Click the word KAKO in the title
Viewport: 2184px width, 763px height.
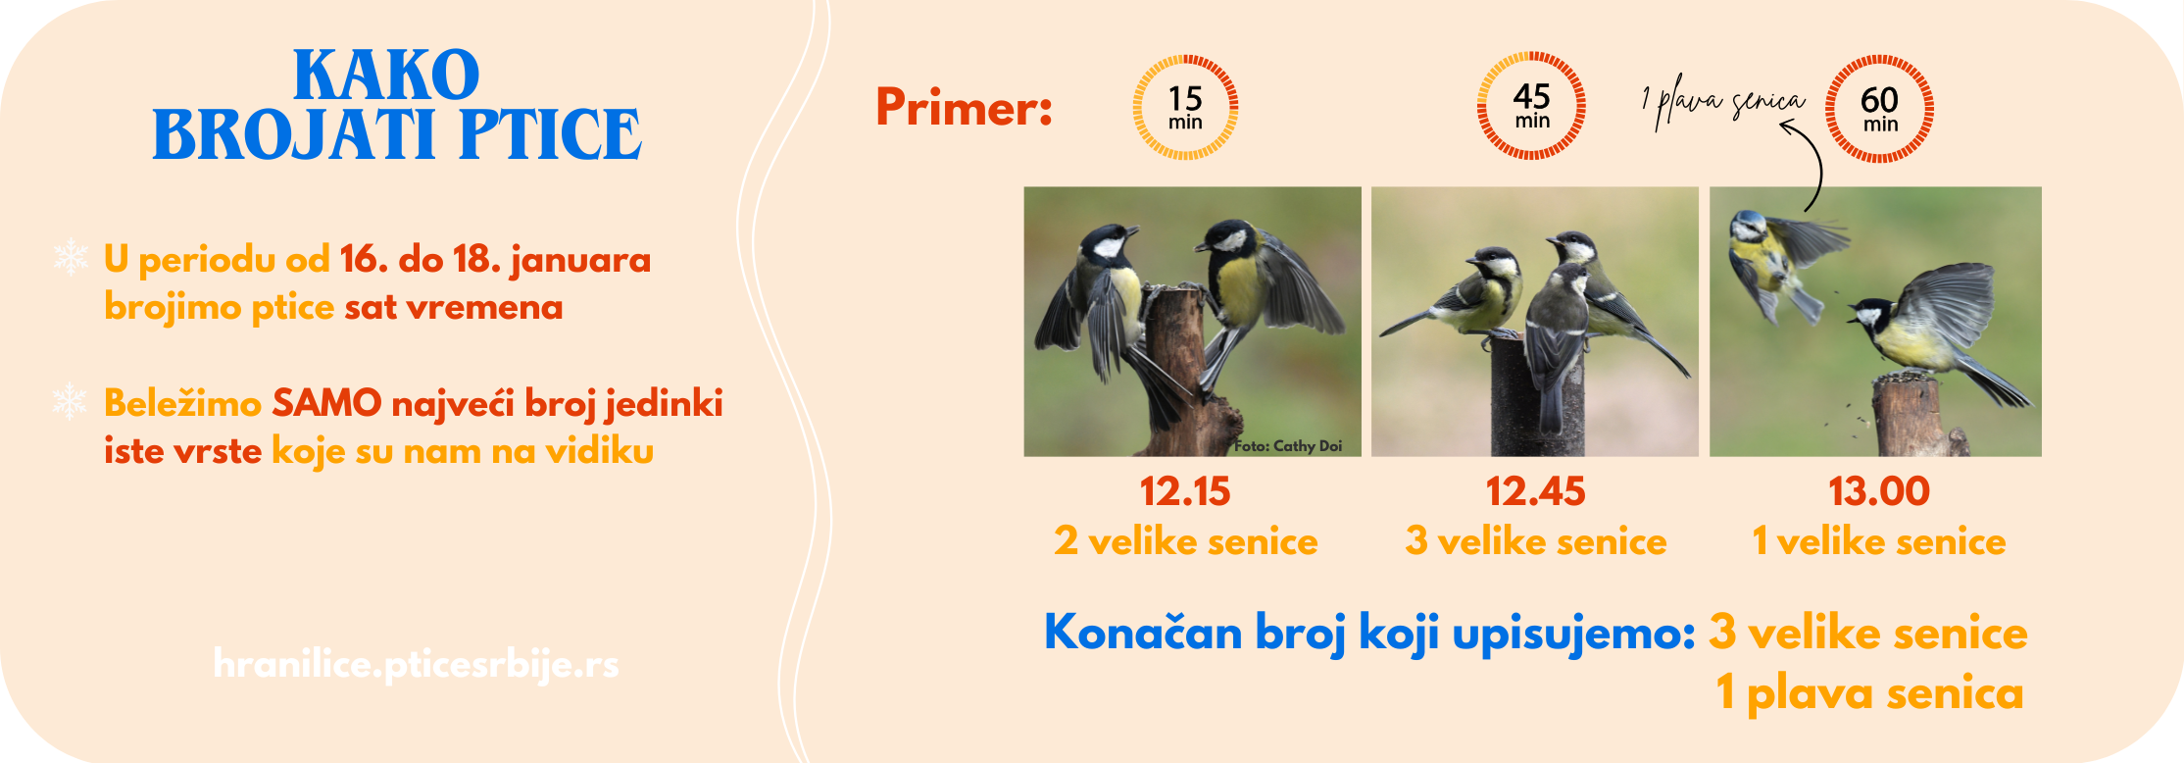click(x=386, y=76)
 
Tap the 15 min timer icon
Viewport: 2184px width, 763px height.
click(x=1185, y=107)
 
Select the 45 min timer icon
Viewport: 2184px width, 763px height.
click(x=1531, y=106)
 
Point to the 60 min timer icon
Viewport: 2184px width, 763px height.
click(x=1879, y=108)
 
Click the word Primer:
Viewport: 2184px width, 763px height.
click(x=964, y=107)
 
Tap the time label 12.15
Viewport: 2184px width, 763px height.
click(x=1185, y=491)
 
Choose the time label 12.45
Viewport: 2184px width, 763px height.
click(x=1535, y=491)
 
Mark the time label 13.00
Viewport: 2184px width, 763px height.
click(x=1879, y=491)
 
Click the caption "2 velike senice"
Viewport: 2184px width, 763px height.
click(x=1186, y=541)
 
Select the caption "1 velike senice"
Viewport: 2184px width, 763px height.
click(x=1879, y=541)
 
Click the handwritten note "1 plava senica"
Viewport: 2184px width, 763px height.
click(x=1723, y=102)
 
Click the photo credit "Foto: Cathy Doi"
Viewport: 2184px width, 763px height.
click(x=1288, y=446)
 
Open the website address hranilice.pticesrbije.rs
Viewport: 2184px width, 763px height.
click(x=416, y=665)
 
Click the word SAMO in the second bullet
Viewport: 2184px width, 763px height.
click(x=326, y=403)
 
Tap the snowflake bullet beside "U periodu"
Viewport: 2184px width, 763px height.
click(x=71, y=257)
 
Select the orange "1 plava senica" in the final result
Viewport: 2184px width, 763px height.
click(x=1869, y=693)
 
